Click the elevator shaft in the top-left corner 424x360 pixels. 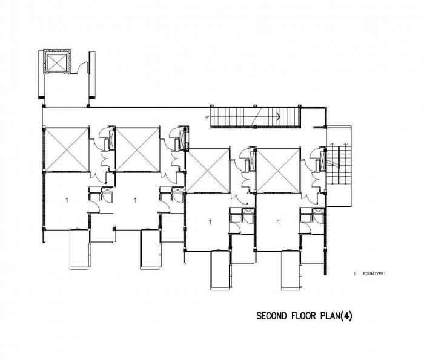pos(58,63)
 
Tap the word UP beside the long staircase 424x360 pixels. pos(207,117)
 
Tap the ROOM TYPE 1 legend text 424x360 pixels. pos(374,274)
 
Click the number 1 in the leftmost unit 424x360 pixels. pos(65,199)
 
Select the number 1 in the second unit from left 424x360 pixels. pos(134,199)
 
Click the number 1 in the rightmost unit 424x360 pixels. pos(278,221)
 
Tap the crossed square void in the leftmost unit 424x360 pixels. pos(67,149)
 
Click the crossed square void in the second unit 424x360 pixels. pos(137,149)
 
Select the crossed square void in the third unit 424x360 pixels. pos(208,171)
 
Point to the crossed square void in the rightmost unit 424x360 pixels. pos(278,171)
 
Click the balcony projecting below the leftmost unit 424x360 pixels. pos(80,250)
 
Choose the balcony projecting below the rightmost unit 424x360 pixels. pos(292,270)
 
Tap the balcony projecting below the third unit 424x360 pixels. pos(221,270)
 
